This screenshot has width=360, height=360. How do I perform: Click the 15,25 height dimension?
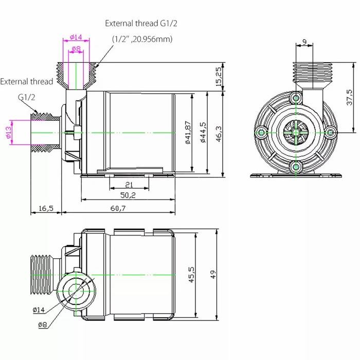[219, 76]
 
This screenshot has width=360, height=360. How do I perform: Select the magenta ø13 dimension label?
[9, 133]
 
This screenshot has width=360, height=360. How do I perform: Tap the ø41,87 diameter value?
[188, 133]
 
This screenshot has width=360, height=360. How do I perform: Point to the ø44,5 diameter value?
[204, 133]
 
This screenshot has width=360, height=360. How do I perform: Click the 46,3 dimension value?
[219, 133]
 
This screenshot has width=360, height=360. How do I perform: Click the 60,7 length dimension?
[118, 208]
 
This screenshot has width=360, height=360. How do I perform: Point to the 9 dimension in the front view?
[304, 42]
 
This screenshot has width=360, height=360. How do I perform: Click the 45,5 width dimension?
[191, 275]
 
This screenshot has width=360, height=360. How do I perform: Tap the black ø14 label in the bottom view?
[39, 310]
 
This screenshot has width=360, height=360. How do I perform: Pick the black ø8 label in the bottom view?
[43, 324]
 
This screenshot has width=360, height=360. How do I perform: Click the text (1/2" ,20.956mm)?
[142, 39]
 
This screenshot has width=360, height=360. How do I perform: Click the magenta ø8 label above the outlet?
[76, 49]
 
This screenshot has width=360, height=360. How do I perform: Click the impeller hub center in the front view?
[296, 133]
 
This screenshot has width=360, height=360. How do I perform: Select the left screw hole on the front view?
[262, 133]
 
